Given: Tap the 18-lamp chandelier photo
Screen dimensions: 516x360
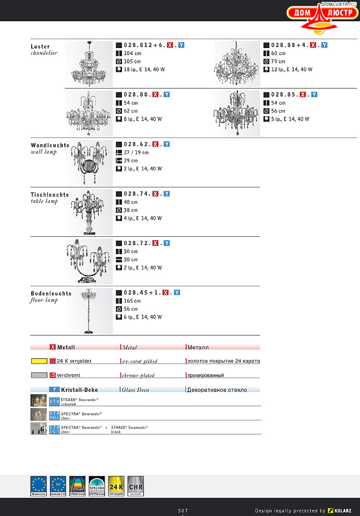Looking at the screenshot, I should tap(89, 64).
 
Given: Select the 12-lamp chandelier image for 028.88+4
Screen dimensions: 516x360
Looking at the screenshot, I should tap(237, 64).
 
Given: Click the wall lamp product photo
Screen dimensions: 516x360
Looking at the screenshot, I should tap(89, 162).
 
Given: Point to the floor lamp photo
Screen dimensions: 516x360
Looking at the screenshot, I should tap(89, 311).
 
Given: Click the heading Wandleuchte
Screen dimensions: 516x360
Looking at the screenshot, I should tap(50, 145).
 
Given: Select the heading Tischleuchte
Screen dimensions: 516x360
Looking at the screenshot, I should tap(50, 195).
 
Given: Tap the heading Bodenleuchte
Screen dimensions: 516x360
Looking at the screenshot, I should tap(51, 294).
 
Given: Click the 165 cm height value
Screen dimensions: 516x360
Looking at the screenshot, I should tap(132, 301).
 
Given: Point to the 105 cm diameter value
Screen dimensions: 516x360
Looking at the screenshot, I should tap(132, 61).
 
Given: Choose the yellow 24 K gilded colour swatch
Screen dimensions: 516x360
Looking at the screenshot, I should tap(39, 361).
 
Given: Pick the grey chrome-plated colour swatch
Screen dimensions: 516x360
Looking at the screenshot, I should tap(39, 375).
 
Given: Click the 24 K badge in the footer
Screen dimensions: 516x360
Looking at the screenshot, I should tap(116, 486).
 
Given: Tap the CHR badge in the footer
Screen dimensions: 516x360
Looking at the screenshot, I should tap(135, 486).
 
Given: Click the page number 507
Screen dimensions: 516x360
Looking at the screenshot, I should tap(183, 510).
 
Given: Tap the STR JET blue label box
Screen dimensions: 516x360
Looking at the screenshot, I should tap(54, 429).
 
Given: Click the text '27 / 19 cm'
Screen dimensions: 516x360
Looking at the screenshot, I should tap(136, 153).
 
